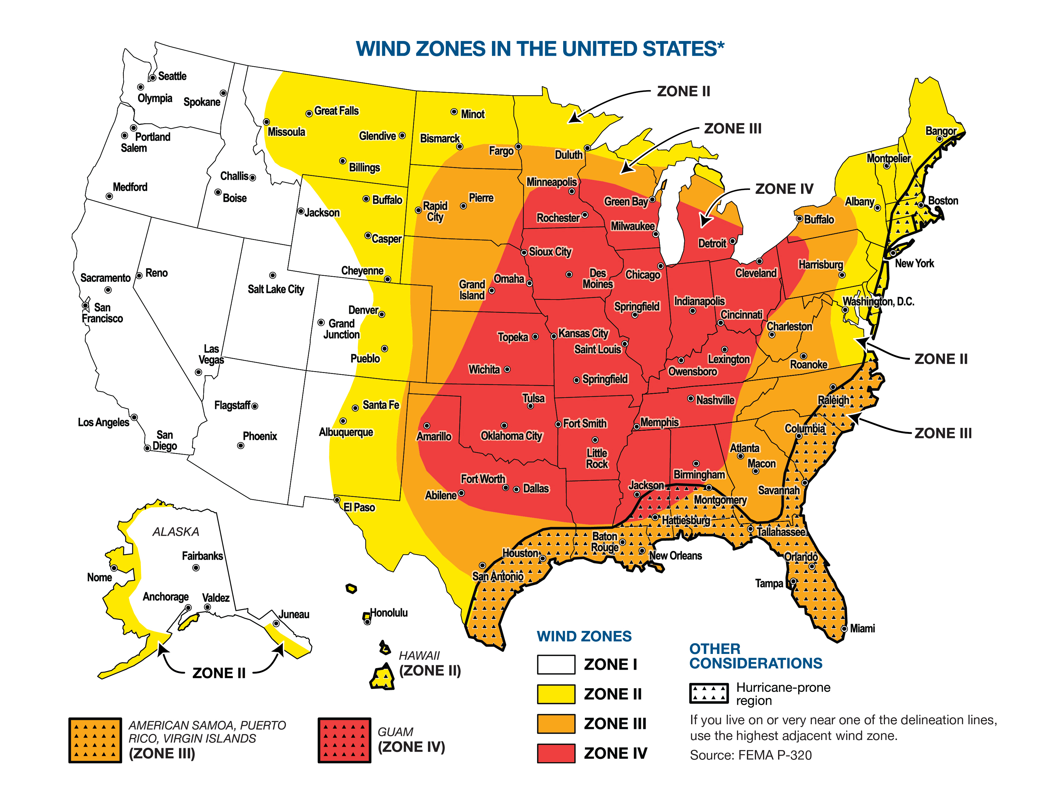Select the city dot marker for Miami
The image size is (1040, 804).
pyautogui.click(x=844, y=629)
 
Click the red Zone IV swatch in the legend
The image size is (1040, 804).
pyautogui.click(x=556, y=753)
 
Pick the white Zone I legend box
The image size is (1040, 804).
pyautogui.click(x=556, y=664)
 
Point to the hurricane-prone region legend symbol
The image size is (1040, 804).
pyautogui.click(x=708, y=694)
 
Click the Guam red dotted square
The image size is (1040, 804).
pyautogui.click(x=344, y=740)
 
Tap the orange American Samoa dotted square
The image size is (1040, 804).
pyautogui.click(x=95, y=740)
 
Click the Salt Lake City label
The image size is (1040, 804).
pyautogui.click(x=276, y=289)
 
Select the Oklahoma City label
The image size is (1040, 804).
pyautogui.click(x=511, y=436)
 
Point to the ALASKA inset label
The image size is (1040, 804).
pyautogui.click(x=176, y=532)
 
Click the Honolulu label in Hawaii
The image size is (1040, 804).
pyautogui.click(x=389, y=613)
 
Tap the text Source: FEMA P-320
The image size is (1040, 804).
pyautogui.click(x=750, y=755)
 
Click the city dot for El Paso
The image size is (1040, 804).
pyautogui.click(x=337, y=500)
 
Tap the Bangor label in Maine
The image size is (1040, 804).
pyautogui.click(x=940, y=131)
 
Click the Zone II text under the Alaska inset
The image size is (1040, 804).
pyautogui.click(x=219, y=673)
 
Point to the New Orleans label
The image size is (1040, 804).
pyautogui.click(x=675, y=556)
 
